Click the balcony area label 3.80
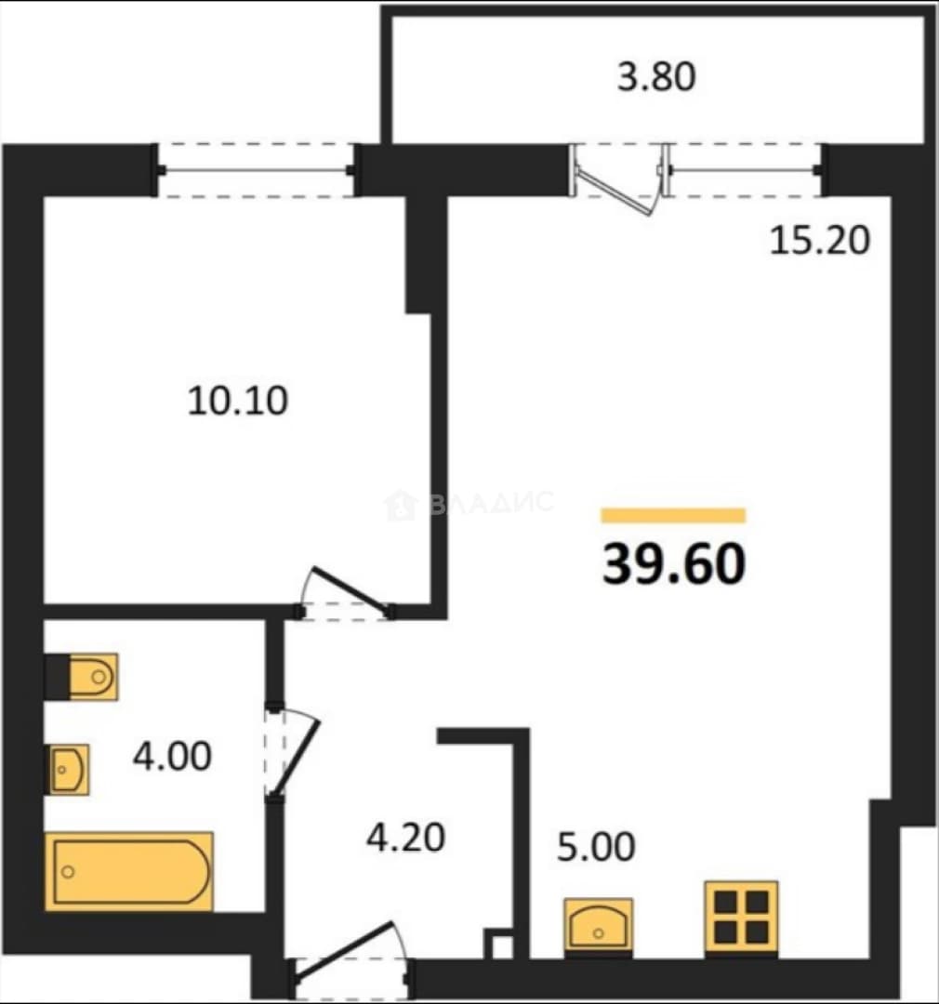click(x=655, y=76)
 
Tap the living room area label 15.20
click(x=819, y=241)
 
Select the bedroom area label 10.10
click(x=238, y=401)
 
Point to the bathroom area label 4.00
click(x=172, y=756)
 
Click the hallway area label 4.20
click(x=405, y=838)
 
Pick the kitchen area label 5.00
click(x=596, y=847)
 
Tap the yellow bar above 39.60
click(x=673, y=515)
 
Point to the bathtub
click(x=128, y=871)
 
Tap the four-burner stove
click(x=741, y=918)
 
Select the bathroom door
click(x=291, y=752)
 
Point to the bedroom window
click(x=257, y=170)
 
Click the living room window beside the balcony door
click(x=746, y=170)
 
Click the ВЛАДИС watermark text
click(x=469, y=503)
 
